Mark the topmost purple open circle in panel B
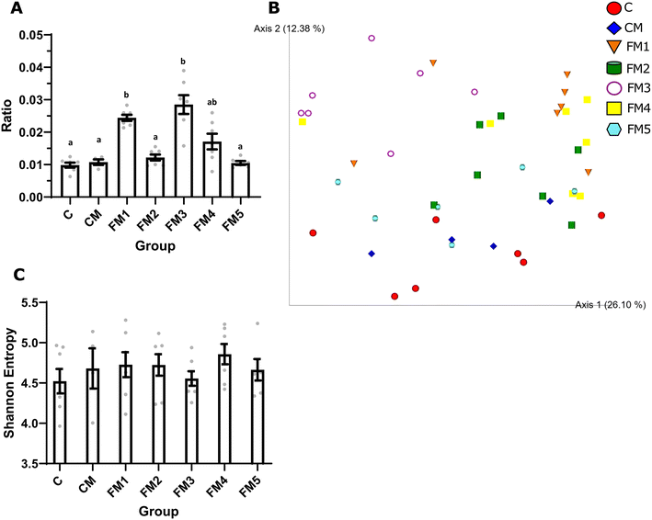tap(372, 39)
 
